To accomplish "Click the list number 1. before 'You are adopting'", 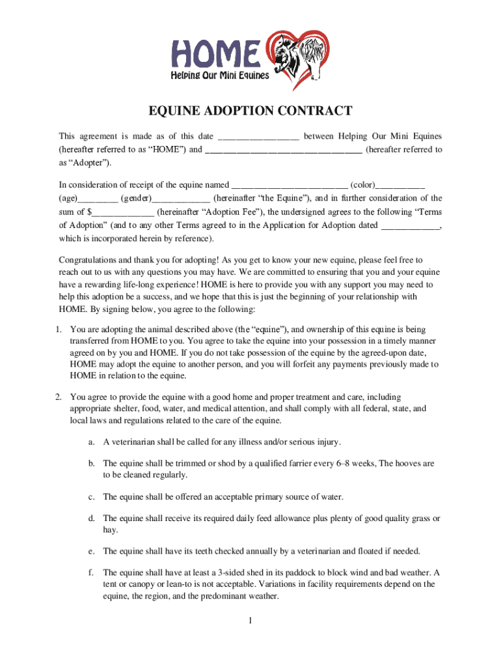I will pyautogui.click(x=59, y=330).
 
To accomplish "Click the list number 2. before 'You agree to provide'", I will pyautogui.click(x=59, y=397).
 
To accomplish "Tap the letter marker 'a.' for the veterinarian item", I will pyautogui.click(x=91, y=442).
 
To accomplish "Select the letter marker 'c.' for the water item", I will pyautogui.click(x=91, y=497).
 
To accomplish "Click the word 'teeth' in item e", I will pyautogui.click(x=213, y=551).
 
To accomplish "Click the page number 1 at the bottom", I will pyautogui.click(x=250, y=620).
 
